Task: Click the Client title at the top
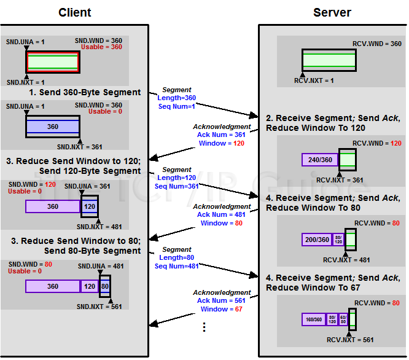tap(75, 12)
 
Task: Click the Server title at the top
tap(332, 12)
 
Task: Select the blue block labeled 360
tap(53, 127)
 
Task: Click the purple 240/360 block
tap(321, 160)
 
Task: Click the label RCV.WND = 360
tap(377, 44)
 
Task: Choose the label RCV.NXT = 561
tap(351, 339)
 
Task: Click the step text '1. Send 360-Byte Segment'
tap(85, 93)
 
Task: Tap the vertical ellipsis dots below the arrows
tap(204, 327)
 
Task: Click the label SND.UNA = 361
tap(88, 186)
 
